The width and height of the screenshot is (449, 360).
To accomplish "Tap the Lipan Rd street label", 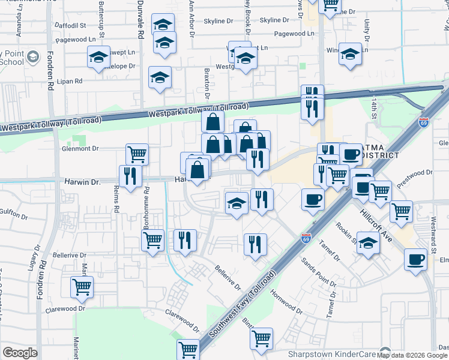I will [70, 80].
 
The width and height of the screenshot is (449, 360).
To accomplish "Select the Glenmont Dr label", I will [80, 148].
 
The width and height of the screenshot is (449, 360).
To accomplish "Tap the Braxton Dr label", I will [206, 83].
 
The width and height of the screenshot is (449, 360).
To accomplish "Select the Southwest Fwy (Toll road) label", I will [243, 304].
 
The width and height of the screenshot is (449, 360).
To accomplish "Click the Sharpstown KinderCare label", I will [332, 353].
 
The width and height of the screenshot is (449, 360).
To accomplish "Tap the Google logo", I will [20, 353].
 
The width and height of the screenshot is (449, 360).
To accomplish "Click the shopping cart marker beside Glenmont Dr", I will [137, 154].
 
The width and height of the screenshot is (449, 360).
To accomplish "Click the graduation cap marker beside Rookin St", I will [368, 243].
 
